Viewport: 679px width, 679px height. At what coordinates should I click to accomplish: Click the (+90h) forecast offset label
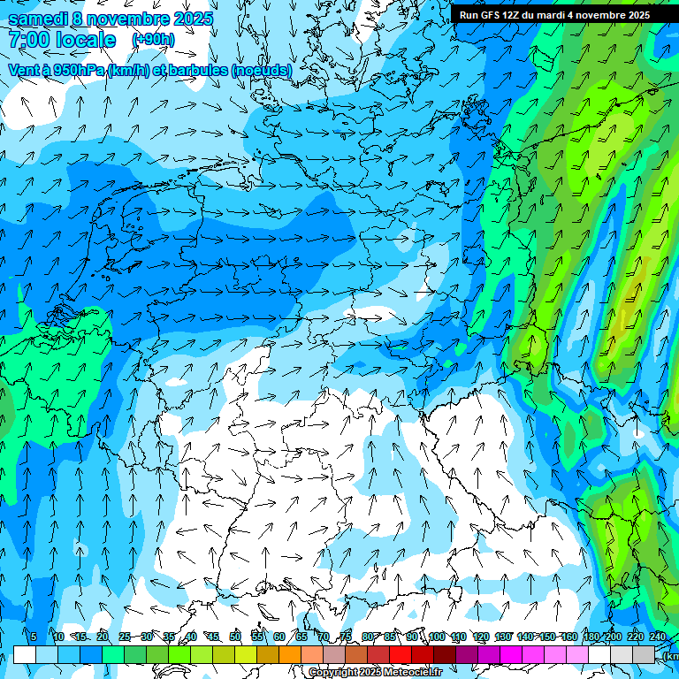pyautogui.click(x=153, y=40)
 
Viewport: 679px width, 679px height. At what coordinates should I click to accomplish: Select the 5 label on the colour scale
pyautogui.click(x=34, y=637)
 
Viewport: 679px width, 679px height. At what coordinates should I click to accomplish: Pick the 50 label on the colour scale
pyautogui.click(x=235, y=637)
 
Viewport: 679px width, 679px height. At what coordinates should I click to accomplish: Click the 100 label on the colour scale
pyautogui.click(x=437, y=637)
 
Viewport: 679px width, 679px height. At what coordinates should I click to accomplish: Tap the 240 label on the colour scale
pyautogui.click(x=658, y=637)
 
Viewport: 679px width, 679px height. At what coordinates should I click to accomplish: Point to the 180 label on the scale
pyautogui.click(x=591, y=637)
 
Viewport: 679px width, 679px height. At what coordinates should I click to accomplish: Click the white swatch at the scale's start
pyautogui.click(x=25, y=654)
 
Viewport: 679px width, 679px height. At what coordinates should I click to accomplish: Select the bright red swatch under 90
pyautogui.click(x=401, y=654)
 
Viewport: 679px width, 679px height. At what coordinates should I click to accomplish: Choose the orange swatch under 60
pyautogui.click(x=290, y=654)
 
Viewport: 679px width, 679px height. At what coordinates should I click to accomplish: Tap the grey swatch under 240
pyautogui.click(x=644, y=654)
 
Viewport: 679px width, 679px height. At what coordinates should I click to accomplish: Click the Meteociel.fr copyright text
pyautogui.click(x=375, y=673)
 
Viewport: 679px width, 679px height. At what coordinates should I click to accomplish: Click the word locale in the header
pyautogui.click(x=84, y=41)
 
